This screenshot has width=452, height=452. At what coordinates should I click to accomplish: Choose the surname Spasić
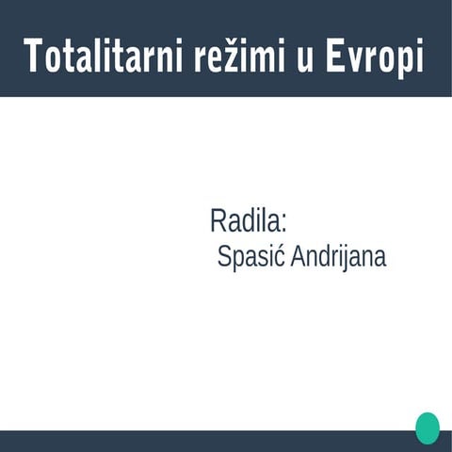pos(250,256)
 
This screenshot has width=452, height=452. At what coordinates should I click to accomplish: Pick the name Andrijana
pos(338,256)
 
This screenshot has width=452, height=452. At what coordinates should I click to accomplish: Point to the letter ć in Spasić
pos(280,256)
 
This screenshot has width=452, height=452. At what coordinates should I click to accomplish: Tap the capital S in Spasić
pos(224,256)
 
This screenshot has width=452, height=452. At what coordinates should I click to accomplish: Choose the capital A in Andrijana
pos(298,256)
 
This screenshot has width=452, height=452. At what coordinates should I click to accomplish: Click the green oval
pos(428,428)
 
